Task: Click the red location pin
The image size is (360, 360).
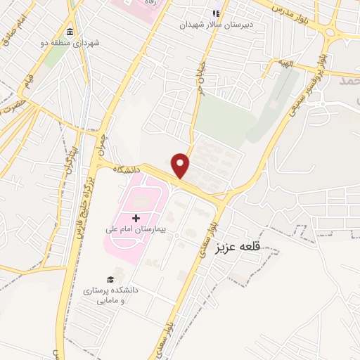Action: click(x=181, y=165)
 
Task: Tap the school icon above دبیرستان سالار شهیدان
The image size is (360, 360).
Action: click(x=217, y=13)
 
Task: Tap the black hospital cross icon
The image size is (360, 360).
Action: click(x=135, y=219)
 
